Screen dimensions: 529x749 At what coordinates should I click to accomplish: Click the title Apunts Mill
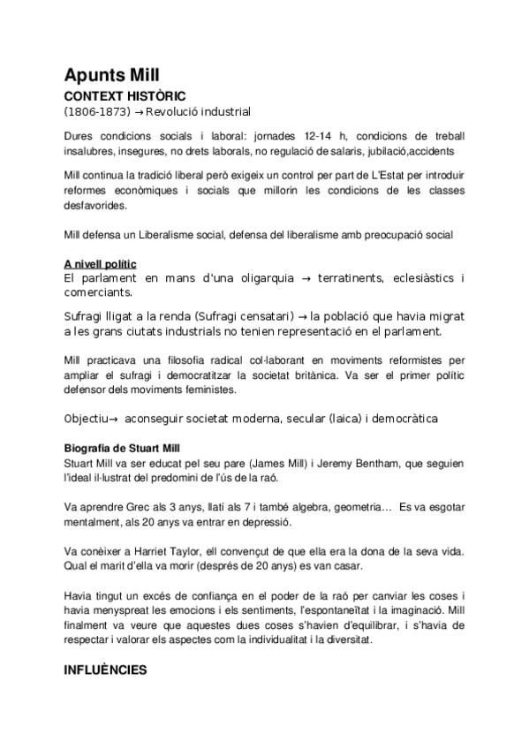click(111, 73)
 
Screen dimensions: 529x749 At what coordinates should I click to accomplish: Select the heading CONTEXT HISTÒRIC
click(125, 95)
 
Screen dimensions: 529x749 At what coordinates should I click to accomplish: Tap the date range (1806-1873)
click(92, 111)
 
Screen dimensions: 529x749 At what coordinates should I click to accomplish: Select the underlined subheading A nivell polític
click(100, 264)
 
